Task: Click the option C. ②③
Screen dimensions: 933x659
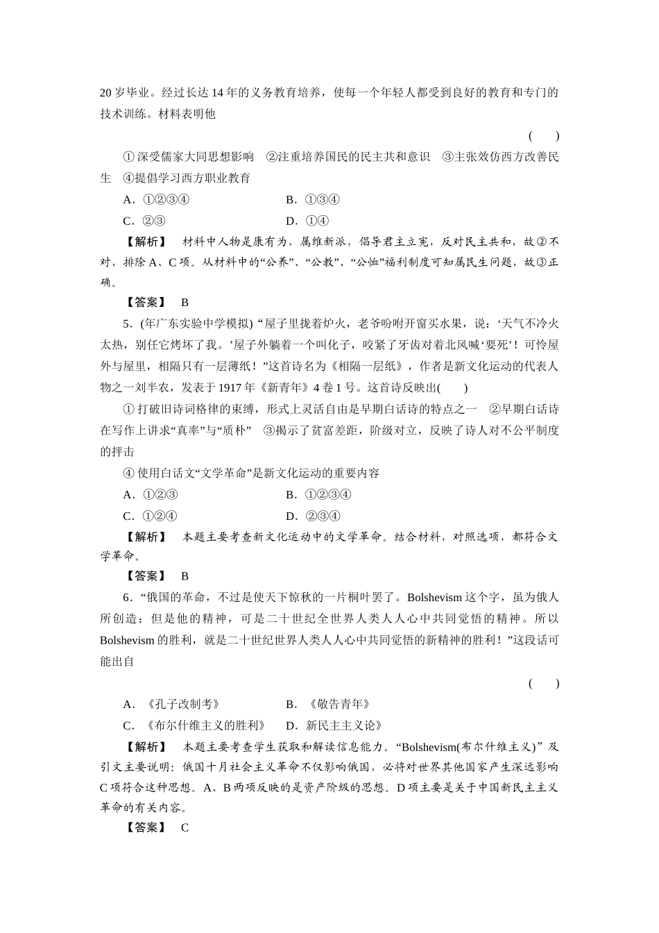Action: click(x=144, y=221)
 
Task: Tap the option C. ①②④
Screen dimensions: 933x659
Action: click(x=150, y=516)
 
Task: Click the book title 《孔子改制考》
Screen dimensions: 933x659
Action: click(x=182, y=705)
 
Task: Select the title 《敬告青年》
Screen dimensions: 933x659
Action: click(x=339, y=705)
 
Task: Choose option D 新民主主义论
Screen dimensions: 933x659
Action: click(x=345, y=726)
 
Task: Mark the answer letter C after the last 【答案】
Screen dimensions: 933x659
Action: click(x=185, y=827)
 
